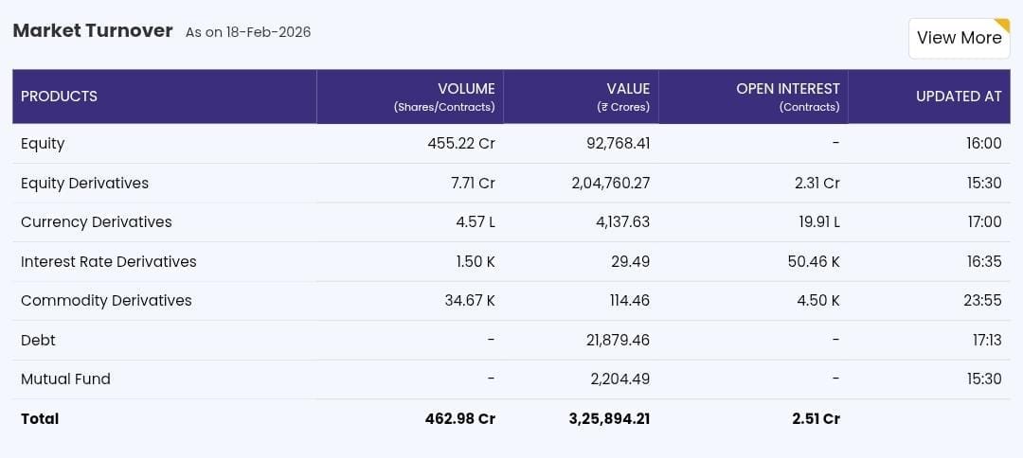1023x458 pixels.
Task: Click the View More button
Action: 959,38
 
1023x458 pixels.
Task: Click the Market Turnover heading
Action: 93,31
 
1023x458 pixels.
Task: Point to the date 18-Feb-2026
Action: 268,32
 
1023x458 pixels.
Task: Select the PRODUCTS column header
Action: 60,97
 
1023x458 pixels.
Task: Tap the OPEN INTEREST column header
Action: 787,89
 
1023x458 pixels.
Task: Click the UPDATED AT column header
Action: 959,97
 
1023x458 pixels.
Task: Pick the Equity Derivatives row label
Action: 84,183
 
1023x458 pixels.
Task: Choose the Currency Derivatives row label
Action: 97,222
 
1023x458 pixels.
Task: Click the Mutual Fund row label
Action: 65,379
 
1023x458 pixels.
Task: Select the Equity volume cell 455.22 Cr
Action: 461,144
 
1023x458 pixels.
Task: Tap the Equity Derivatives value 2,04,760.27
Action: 611,183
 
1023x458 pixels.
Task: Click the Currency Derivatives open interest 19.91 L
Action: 817,222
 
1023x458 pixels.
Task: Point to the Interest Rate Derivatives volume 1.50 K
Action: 476,261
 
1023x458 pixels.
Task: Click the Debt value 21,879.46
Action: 618,340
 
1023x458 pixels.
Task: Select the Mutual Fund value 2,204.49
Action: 619,379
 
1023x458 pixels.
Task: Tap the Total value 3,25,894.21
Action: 609,418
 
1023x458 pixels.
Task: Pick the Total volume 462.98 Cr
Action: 460,418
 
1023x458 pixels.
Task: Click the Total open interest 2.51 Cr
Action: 817,418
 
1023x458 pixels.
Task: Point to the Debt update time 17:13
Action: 986,340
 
